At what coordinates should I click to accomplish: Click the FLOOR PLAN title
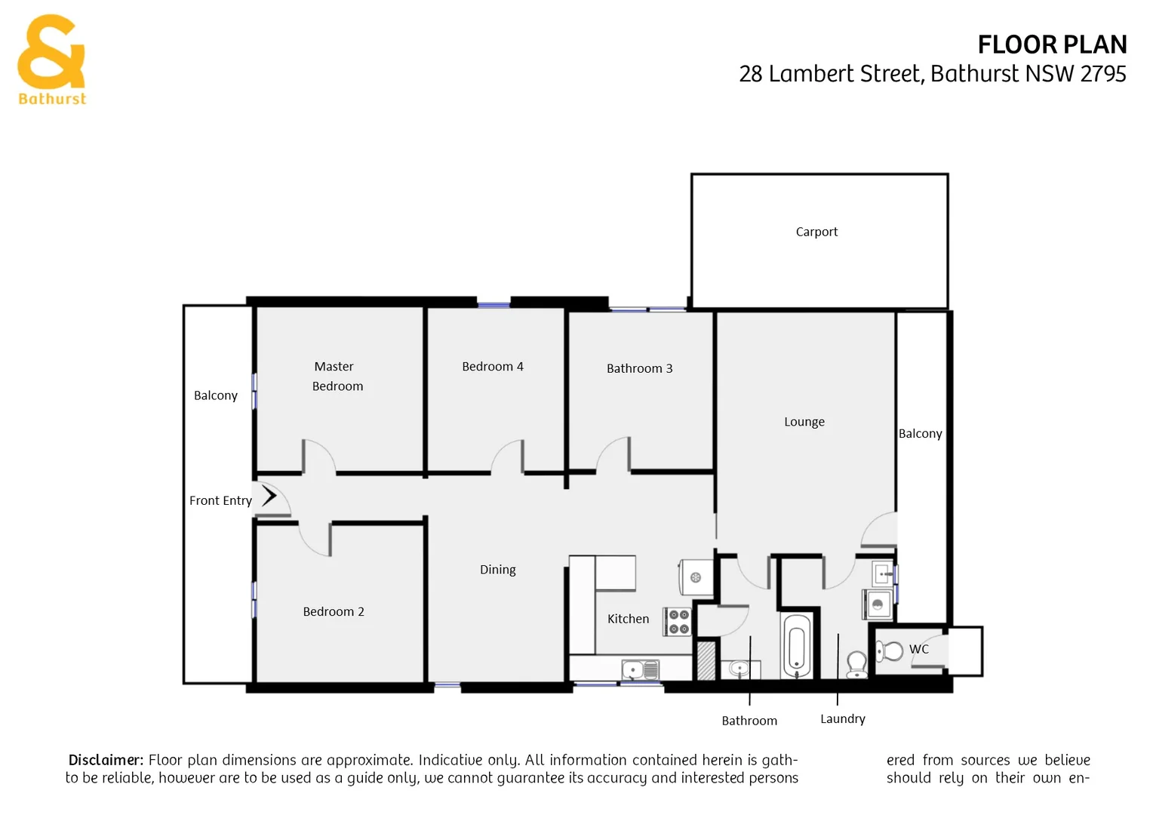pos(1051,45)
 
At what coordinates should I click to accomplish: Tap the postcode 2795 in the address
pos(1102,74)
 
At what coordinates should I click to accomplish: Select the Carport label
pos(816,232)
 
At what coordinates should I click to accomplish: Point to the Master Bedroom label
pos(337,376)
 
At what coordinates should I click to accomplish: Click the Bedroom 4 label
pos(492,366)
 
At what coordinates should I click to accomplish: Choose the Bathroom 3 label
pos(639,368)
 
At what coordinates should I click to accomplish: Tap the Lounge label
pos(804,422)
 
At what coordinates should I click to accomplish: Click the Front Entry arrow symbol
pos(269,496)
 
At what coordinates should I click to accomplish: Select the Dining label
pos(497,570)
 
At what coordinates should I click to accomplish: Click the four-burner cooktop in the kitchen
pos(678,622)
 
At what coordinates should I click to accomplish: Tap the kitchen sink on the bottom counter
pos(640,669)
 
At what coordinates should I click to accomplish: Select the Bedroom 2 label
pos(333,611)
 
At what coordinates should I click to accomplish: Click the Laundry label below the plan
pos(842,719)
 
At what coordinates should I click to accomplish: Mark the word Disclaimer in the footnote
pos(106,760)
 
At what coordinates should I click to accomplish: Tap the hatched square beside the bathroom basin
pos(706,660)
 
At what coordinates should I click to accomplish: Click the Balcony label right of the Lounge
pos(920,434)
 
